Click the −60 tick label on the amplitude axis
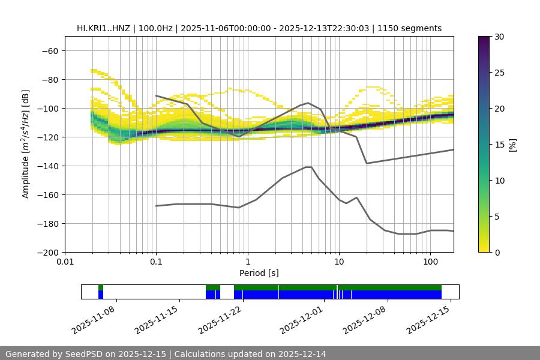pyautogui.click(x=49, y=50)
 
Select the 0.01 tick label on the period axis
pyautogui.click(x=65, y=262)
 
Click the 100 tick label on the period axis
pyautogui.click(x=430, y=262)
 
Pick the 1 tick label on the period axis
pyautogui.click(x=248, y=262)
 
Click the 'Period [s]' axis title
pyautogui.click(x=259, y=273)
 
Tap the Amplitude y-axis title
pyautogui.click(x=26, y=144)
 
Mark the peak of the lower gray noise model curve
pyautogui.click(x=308, y=167)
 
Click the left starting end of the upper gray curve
pyautogui.click(x=156, y=95)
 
